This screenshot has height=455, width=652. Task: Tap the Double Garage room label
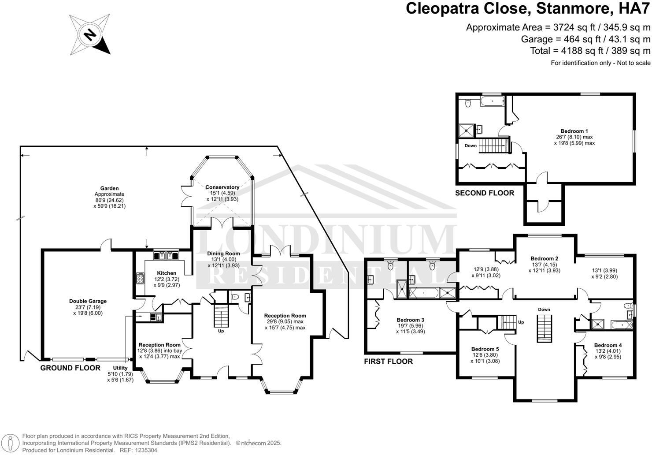[x=88, y=301]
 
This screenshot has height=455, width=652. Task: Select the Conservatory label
[x=222, y=187]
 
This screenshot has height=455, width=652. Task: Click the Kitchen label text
[x=167, y=273]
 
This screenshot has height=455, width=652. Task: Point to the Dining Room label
[x=224, y=254]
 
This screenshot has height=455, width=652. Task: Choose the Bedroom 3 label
[x=411, y=320]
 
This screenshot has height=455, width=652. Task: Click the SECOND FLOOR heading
[x=485, y=193]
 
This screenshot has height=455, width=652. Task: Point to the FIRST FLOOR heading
[x=388, y=362]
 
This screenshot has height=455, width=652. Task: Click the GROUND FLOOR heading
[x=70, y=368]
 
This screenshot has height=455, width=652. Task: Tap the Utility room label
[x=120, y=368]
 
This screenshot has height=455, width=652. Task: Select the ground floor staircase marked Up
[x=220, y=316]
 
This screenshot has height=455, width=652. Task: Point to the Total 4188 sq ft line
[x=590, y=50]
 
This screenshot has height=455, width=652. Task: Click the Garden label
[x=109, y=188]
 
